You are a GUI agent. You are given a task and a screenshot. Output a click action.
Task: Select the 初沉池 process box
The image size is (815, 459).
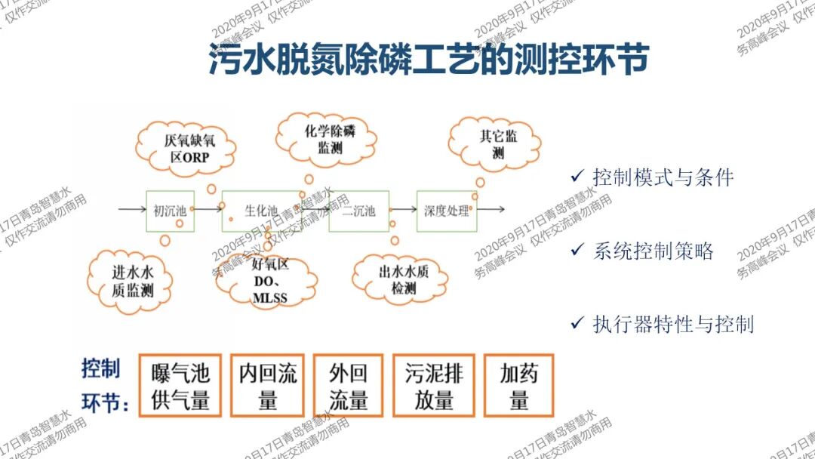170,211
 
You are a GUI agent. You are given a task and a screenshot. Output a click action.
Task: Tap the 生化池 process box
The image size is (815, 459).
261,211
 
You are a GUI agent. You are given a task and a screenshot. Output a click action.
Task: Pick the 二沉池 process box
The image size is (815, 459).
358,211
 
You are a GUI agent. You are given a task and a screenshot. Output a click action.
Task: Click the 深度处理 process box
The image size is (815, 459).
446,211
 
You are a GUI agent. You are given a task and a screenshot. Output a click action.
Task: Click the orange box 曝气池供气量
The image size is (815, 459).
181,386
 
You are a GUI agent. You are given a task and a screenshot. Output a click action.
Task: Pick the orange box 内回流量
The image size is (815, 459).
267,386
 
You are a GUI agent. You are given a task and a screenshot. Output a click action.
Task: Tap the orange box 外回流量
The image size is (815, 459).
349,386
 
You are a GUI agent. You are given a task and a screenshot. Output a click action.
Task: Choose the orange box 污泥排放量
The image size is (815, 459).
434,386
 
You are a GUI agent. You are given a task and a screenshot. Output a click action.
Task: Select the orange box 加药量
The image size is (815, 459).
519,386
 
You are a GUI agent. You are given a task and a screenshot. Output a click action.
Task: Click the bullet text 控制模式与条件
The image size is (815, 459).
663,178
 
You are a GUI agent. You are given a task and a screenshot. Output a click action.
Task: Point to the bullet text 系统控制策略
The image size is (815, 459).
653,251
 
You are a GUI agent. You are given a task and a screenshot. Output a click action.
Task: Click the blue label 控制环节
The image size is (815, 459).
102,386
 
